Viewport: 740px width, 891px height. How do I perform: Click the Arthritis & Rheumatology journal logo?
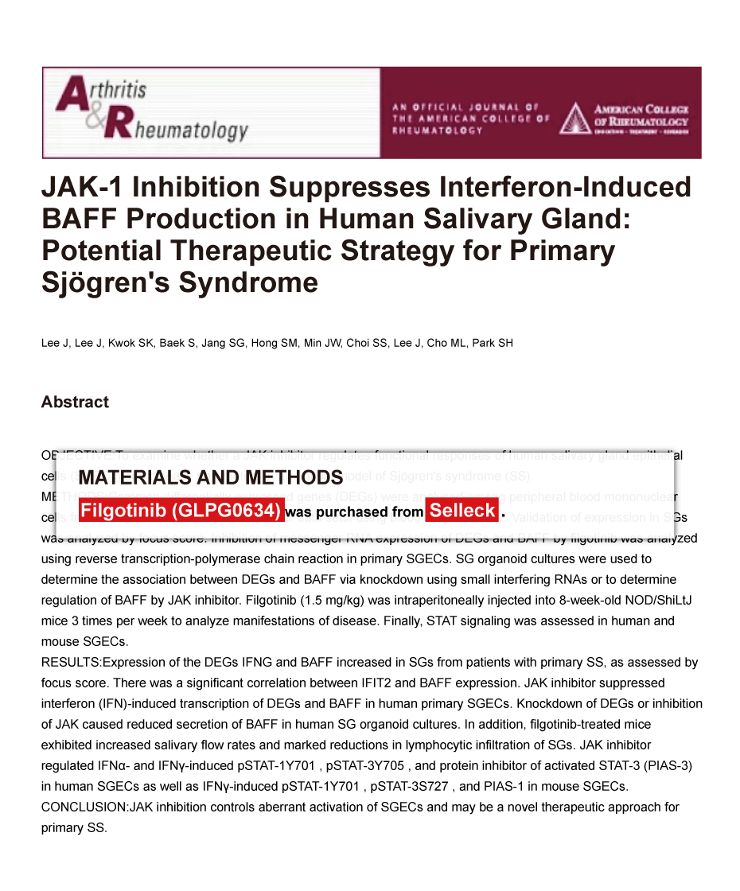click(151, 111)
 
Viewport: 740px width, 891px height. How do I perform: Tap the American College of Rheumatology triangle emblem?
click(574, 118)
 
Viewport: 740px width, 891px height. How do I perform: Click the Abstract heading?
click(75, 403)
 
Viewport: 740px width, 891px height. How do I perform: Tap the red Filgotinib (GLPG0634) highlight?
click(181, 511)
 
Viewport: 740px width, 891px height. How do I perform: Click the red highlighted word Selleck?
click(462, 511)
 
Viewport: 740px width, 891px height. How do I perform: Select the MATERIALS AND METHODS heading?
click(211, 477)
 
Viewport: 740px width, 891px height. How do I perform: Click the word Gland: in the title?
click(578, 220)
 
